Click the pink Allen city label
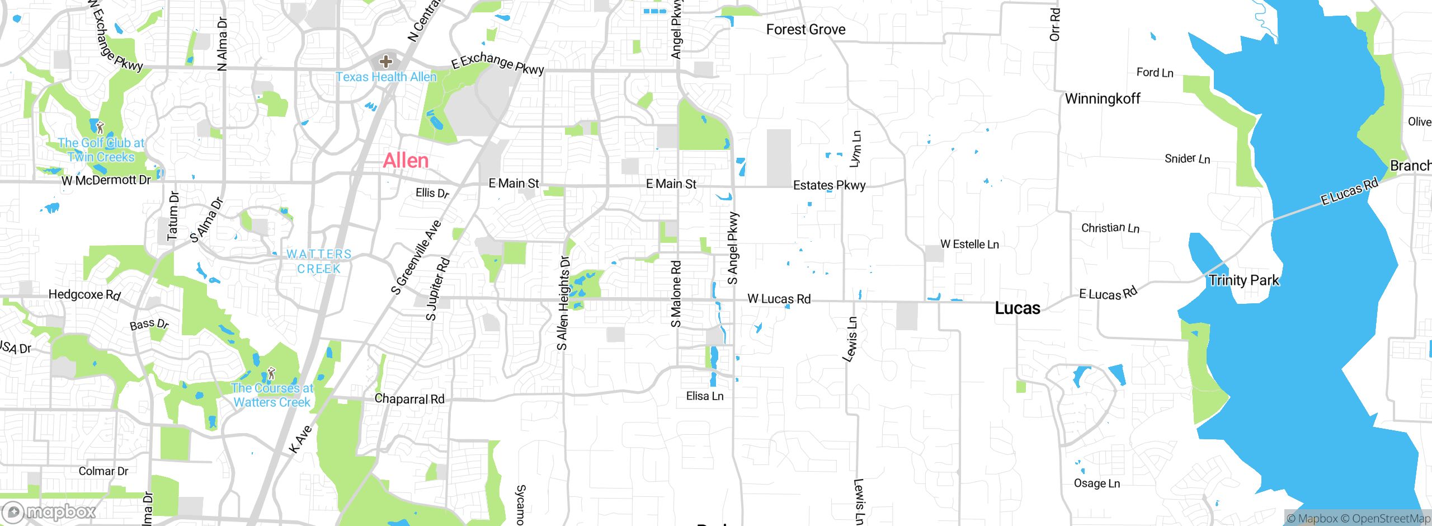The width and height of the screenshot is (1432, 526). point(406,161)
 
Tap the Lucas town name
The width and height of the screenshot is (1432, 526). point(1017,308)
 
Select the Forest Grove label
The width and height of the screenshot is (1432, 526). point(805,30)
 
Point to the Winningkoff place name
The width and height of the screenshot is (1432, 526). point(1102,99)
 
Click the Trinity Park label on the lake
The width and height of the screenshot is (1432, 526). point(1243,280)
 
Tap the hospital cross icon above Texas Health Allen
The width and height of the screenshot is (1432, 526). point(385,61)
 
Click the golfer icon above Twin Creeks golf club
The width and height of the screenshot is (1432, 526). point(100,128)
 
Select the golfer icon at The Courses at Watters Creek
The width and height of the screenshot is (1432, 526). point(271,373)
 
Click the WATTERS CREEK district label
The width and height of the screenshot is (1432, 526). point(319,261)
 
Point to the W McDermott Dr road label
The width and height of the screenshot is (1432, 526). point(106,180)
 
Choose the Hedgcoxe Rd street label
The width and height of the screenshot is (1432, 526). point(84,294)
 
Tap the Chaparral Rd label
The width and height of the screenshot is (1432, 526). point(409,399)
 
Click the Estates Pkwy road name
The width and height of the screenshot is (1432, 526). point(829,185)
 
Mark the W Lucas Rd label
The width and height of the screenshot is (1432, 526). point(779,299)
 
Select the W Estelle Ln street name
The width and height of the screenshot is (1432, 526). point(969,244)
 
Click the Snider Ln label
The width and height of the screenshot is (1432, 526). point(1187,159)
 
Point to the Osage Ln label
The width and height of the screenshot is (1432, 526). point(1096,483)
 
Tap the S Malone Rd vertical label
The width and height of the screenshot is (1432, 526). point(676,294)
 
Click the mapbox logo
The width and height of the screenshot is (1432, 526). point(49,511)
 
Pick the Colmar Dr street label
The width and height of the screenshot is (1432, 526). point(103,471)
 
